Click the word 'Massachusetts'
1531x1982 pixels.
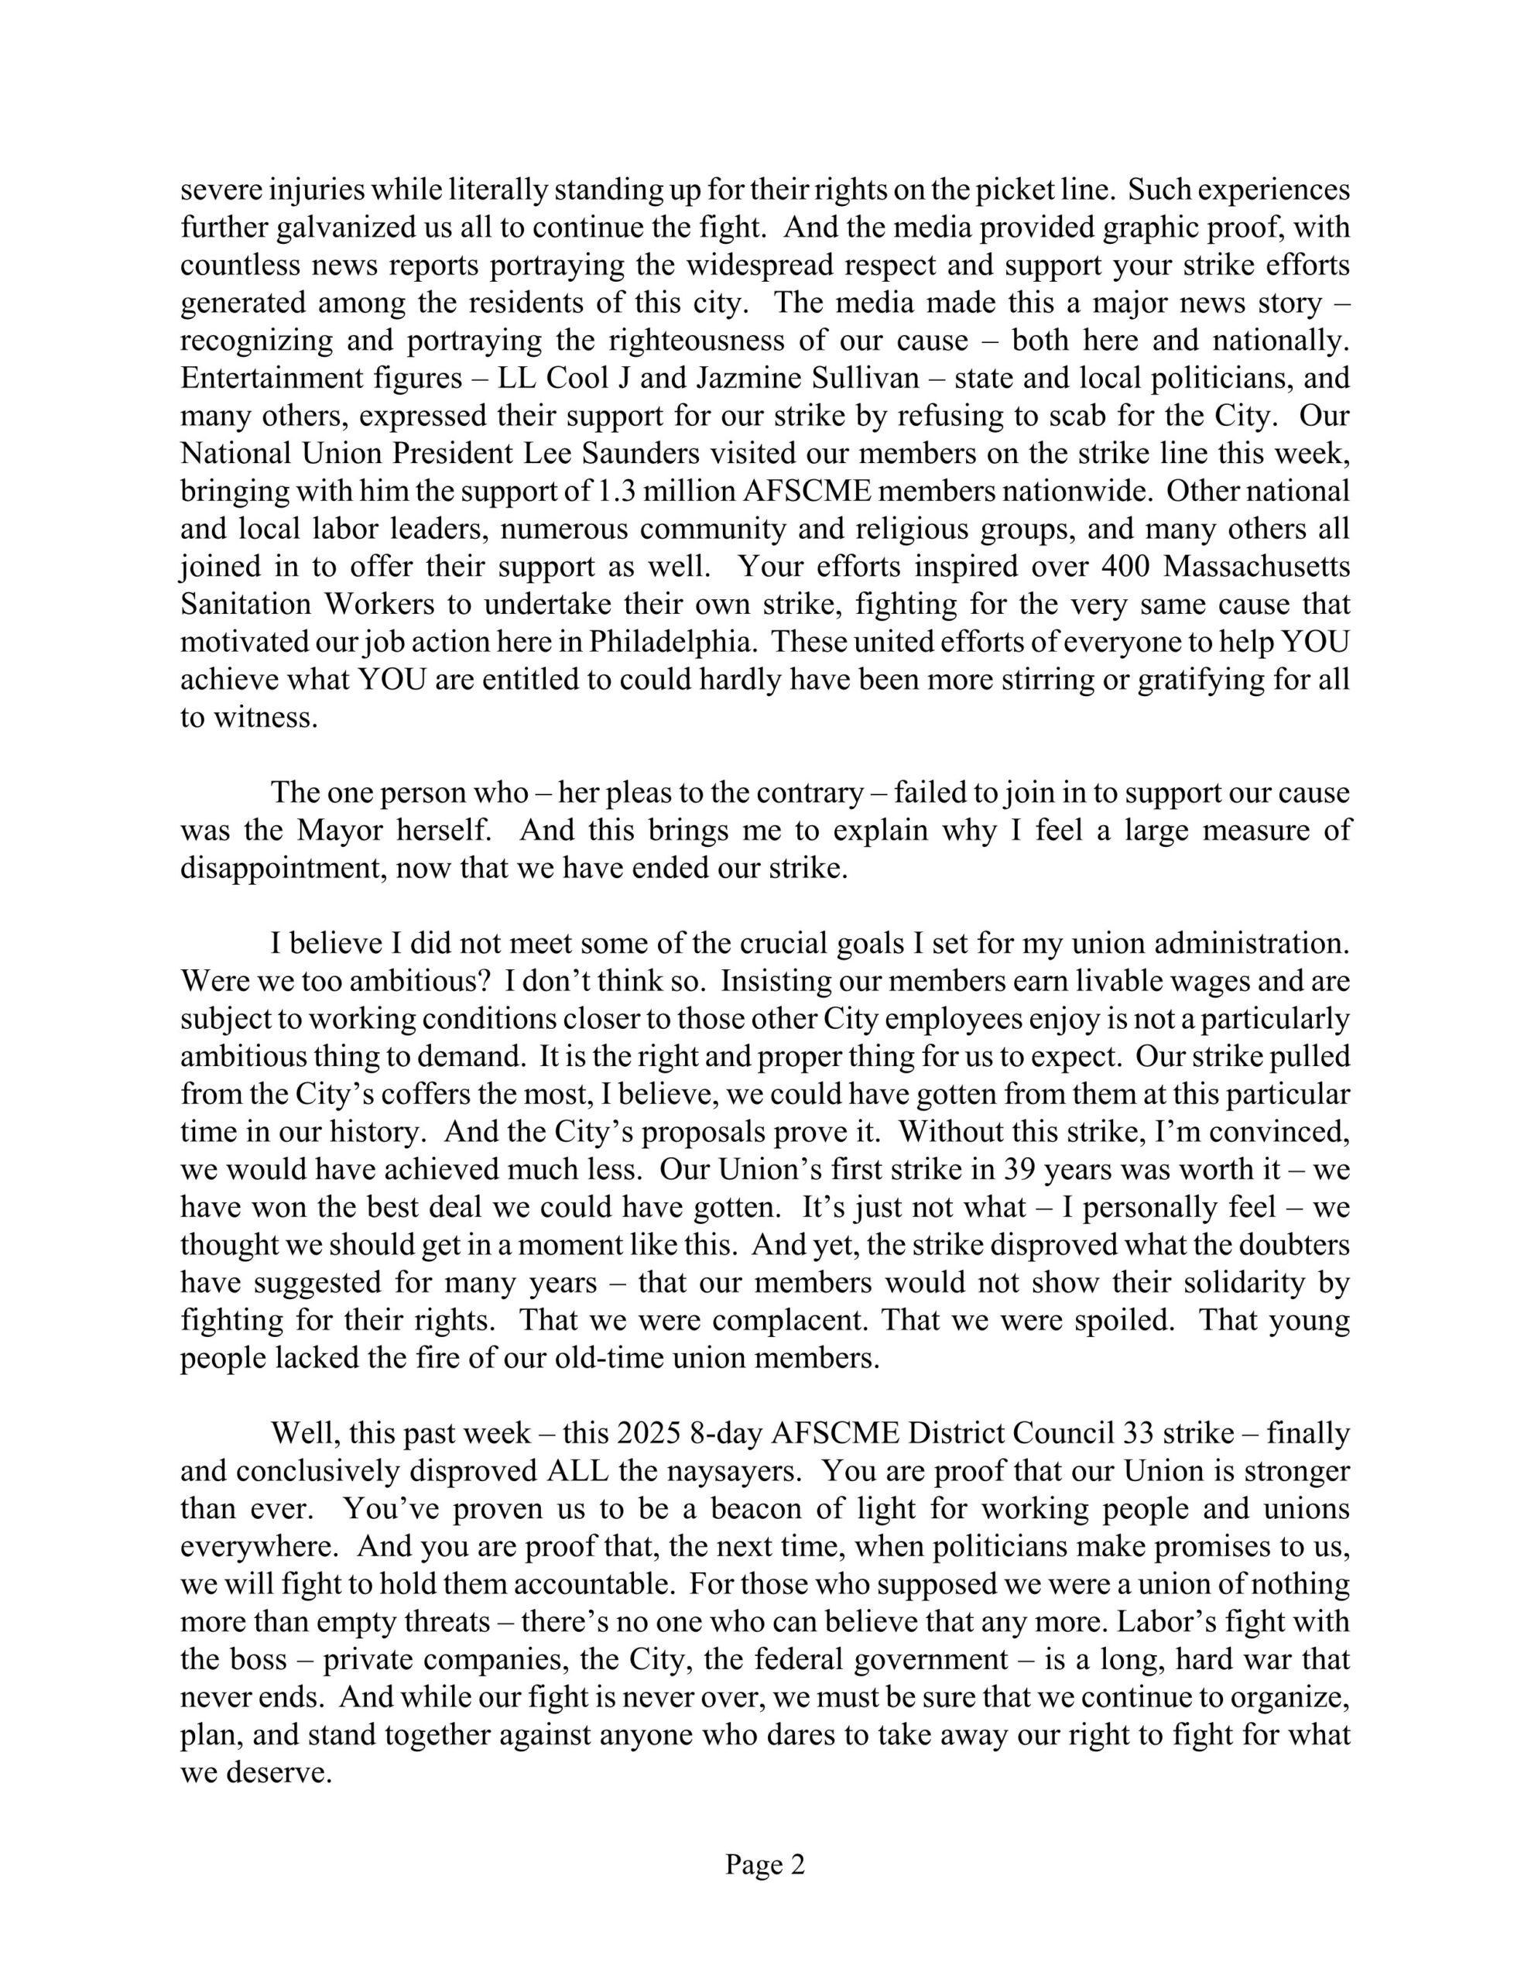coord(1256,566)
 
